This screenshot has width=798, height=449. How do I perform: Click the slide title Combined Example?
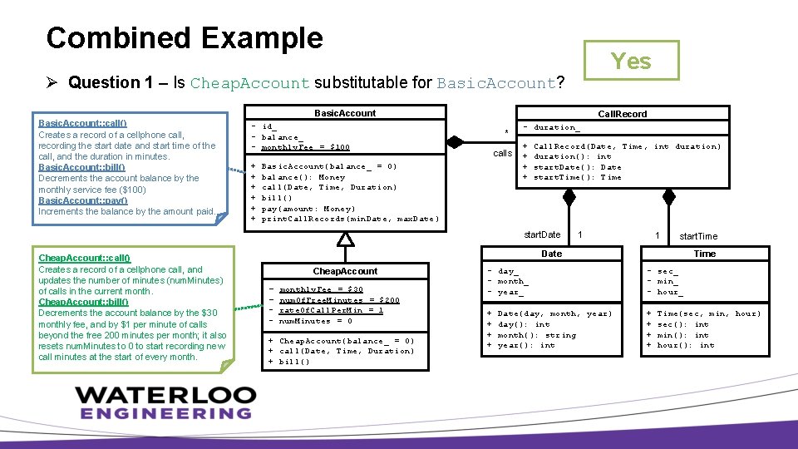tap(185, 38)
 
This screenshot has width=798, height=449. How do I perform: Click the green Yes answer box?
tap(631, 61)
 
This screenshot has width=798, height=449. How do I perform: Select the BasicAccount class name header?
tap(344, 113)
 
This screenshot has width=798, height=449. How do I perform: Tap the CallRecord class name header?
tap(623, 114)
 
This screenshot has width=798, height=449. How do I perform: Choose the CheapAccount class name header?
tap(344, 271)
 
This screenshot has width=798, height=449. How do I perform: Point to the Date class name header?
tap(551, 254)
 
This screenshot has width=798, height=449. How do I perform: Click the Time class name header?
tap(704, 254)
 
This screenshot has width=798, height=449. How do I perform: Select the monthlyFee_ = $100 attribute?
tap(305, 147)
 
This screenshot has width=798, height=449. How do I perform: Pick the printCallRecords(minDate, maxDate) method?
tap(350, 219)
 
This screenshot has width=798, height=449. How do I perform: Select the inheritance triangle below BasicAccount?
tap(345, 239)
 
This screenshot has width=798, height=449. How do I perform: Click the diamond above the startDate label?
tap(569, 197)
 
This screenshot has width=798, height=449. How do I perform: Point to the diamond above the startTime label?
tap(668, 197)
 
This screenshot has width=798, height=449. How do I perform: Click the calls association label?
tap(502, 153)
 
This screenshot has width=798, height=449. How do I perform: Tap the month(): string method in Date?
tap(536, 335)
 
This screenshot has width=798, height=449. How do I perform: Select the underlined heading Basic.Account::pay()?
tap(83, 200)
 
